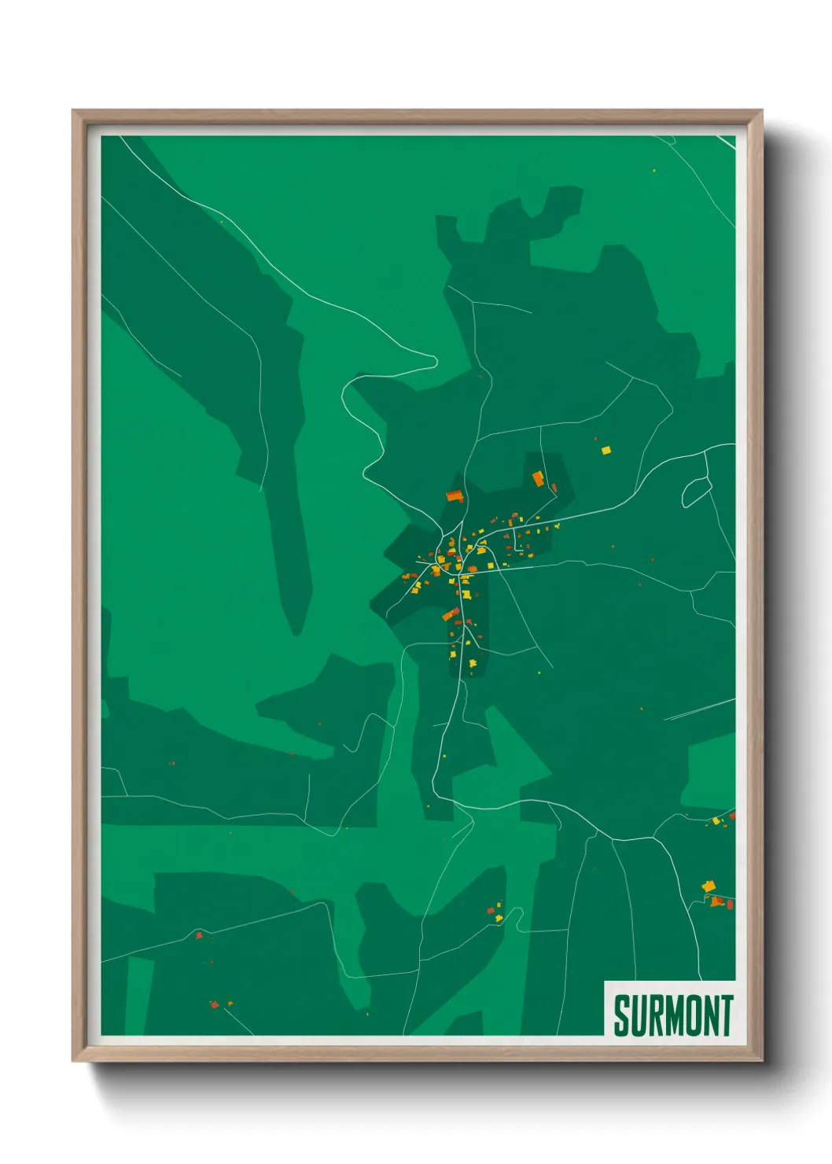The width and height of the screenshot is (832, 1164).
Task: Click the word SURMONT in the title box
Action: point(672,1015)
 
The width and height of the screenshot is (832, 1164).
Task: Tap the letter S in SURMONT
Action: point(620,1015)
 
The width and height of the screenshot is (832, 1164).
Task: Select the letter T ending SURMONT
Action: point(727,1015)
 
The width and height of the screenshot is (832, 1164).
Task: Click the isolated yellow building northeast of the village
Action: point(606,450)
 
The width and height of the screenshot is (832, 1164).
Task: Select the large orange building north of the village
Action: point(539,478)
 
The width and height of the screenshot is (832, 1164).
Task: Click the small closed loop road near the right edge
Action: point(696,492)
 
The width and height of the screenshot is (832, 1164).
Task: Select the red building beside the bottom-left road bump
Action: point(199,935)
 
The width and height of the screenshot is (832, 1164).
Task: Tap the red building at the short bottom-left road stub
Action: point(214,1004)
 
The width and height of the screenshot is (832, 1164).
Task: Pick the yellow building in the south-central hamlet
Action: point(499,917)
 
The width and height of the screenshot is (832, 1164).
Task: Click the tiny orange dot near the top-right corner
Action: point(653,170)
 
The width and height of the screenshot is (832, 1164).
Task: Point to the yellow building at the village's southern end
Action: point(473,664)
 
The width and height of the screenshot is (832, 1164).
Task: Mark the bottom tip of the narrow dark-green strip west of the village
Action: point(296,633)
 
